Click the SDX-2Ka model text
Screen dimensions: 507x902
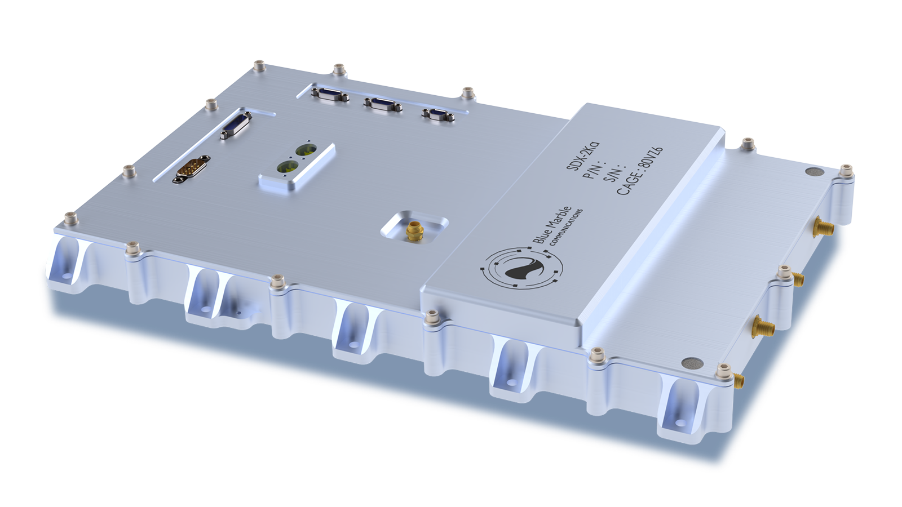pos(582,156)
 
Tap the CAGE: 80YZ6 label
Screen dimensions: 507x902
pos(639,171)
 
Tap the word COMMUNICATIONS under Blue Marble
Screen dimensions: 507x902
pos(565,227)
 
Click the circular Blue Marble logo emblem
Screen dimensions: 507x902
pos(521,269)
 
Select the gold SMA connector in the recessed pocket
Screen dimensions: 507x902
pos(414,230)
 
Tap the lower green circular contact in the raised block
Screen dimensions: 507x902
pos(284,167)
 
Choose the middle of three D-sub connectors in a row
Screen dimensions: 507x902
pos(382,104)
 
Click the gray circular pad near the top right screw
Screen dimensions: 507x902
pos(812,173)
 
